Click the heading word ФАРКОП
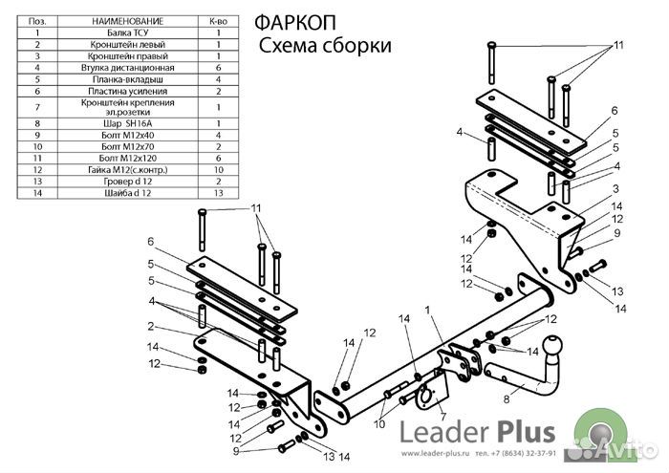click(x=291, y=24)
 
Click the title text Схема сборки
click(x=325, y=46)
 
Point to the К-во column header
click(x=218, y=21)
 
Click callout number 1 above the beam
click(x=429, y=310)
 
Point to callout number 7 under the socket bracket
click(x=442, y=417)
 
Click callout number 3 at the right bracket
click(x=616, y=188)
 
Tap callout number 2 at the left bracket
click(x=151, y=326)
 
